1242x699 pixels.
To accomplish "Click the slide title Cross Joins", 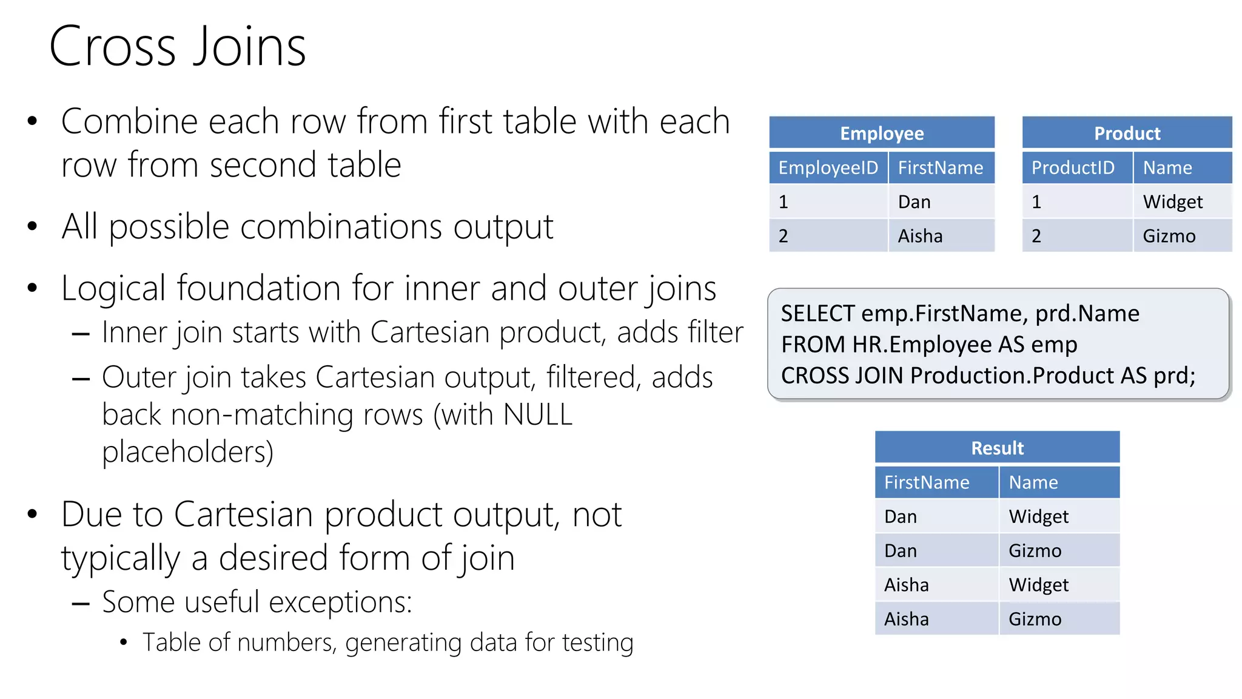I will pos(177,47).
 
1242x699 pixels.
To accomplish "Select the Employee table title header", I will pos(881,133).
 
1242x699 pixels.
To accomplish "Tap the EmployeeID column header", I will pos(828,167).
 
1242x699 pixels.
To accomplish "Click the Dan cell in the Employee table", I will pos(914,201).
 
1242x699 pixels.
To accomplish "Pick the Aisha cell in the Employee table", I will pos(920,235).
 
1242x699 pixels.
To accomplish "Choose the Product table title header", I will pos(1127,133).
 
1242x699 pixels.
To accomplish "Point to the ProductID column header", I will pos(1073,167).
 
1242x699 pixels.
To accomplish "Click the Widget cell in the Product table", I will pos(1172,201).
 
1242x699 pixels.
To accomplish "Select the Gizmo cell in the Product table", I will pos(1169,235).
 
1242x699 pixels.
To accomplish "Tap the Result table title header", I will pos(997,448).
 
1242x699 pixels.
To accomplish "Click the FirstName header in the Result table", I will pos(927,482).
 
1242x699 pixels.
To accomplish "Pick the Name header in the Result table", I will pos(1033,482).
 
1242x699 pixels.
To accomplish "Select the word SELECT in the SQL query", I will pos(817,314).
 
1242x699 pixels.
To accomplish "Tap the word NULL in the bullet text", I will pos(537,415).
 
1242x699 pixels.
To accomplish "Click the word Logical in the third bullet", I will pos(113,288).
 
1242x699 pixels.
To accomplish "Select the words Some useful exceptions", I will pos(257,602).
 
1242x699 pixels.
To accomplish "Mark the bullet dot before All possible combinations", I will pos(33,227).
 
